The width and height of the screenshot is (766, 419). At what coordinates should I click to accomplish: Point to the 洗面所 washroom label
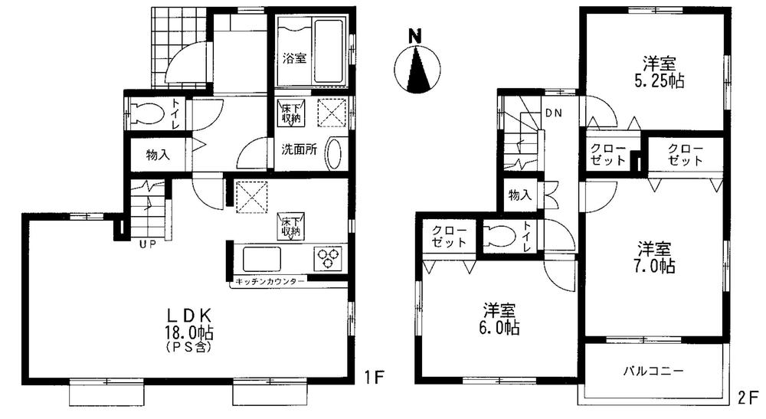point(297,149)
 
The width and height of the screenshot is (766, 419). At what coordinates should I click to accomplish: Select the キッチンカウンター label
point(270,281)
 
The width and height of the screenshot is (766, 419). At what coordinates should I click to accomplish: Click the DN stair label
point(553,113)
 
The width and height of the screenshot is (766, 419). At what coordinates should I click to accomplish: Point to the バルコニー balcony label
point(653,370)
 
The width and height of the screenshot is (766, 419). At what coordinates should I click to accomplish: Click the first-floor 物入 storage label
point(158,154)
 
